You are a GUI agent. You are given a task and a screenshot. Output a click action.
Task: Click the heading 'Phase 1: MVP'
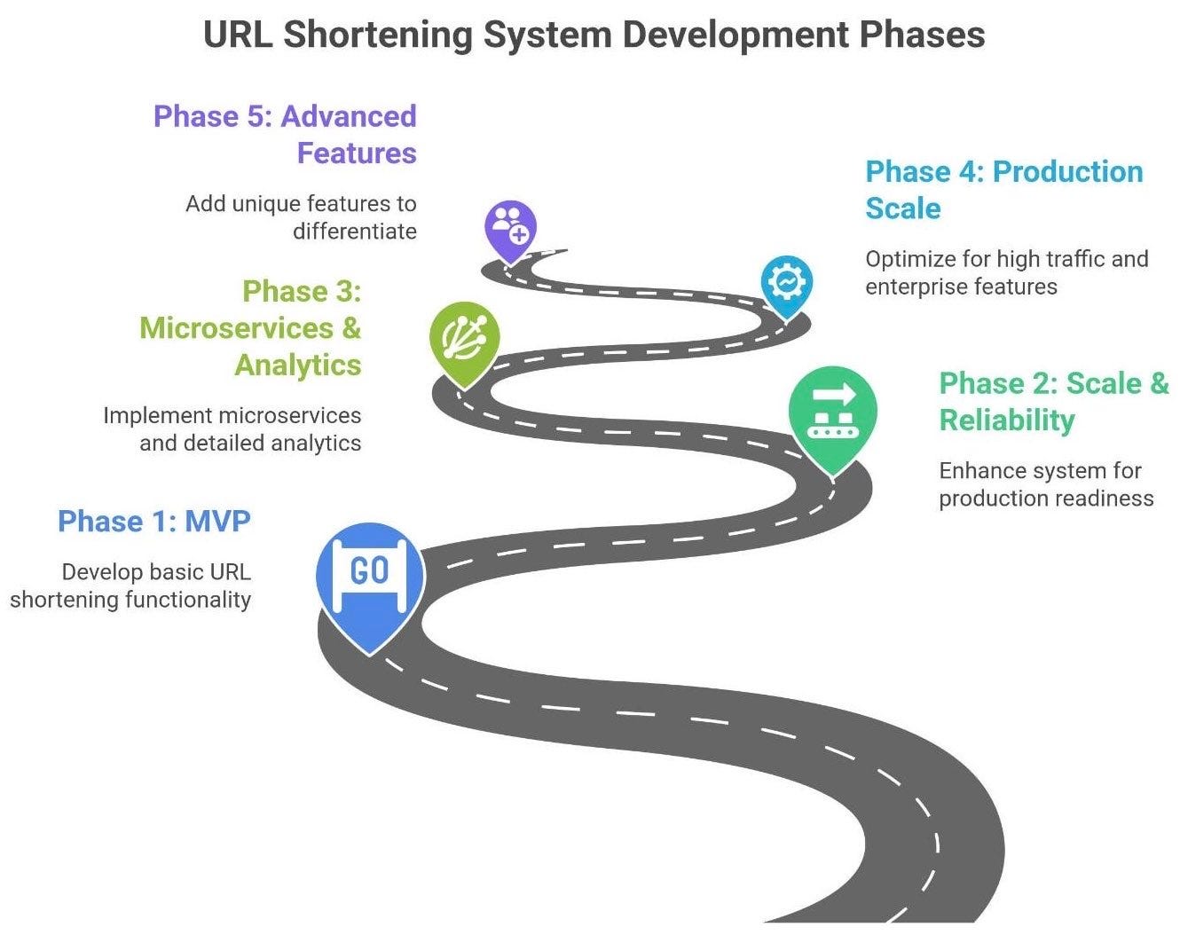[x=154, y=521]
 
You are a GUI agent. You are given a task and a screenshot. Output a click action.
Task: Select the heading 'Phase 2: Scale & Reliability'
[x=1053, y=401]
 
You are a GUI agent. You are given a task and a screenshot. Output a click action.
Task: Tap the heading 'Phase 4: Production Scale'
[x=1003, y=189]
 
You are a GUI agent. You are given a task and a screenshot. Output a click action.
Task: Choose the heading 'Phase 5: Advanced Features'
[x=285, y=134]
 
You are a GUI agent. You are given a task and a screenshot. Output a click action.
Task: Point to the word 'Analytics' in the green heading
[x=298, y=365]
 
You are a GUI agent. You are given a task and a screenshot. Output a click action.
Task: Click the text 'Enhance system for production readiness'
[x=1046, y=484]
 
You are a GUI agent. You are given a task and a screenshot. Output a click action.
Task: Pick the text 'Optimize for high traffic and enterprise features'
[x=1006, y=272]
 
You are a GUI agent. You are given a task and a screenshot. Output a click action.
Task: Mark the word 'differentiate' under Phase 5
[x=355, y=232]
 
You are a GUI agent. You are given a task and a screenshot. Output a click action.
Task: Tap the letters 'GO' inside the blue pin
[x=370, y=571]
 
